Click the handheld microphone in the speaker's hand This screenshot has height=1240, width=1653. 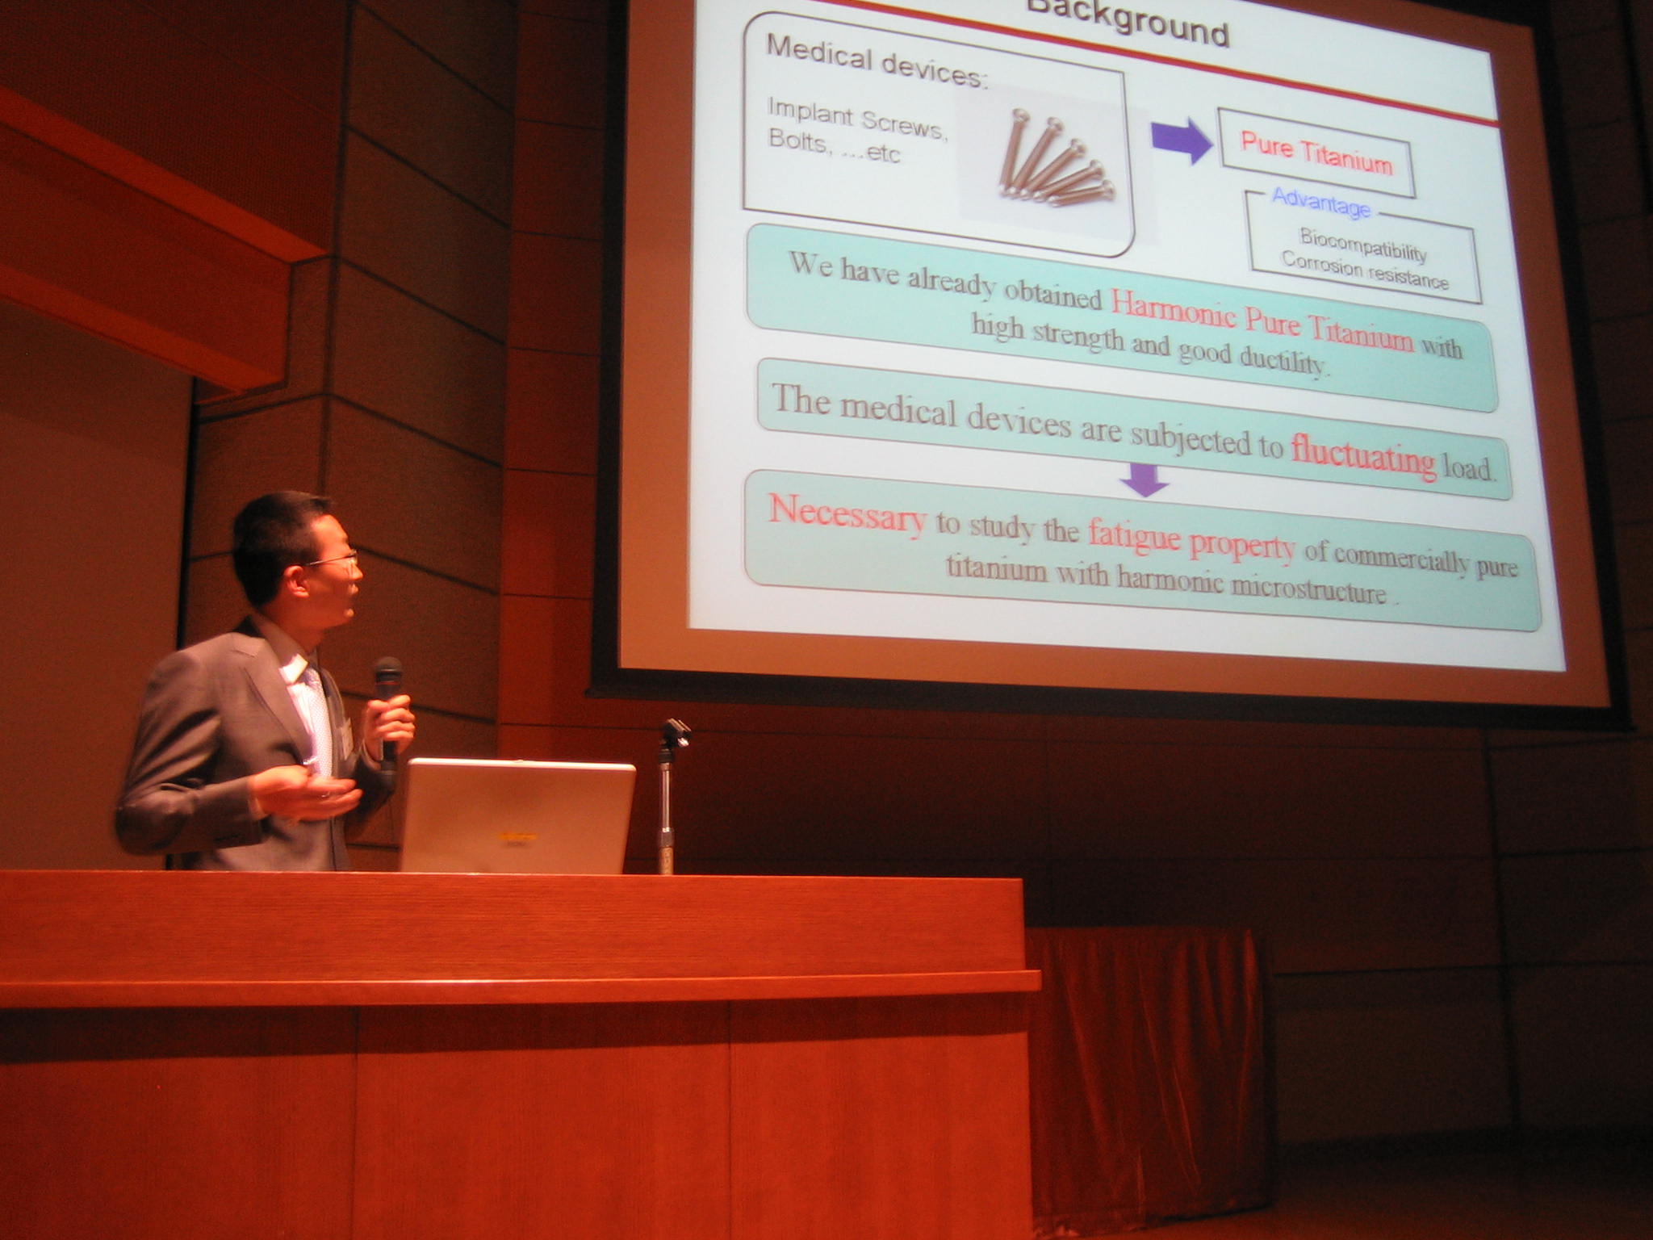388,710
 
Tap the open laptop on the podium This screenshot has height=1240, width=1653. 517,816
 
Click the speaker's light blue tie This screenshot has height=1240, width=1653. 318,718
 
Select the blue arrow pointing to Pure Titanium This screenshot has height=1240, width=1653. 1182,139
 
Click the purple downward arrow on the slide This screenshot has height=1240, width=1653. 1145,480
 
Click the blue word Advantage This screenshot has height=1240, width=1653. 1320,203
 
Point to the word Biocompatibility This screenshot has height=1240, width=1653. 1363,245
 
